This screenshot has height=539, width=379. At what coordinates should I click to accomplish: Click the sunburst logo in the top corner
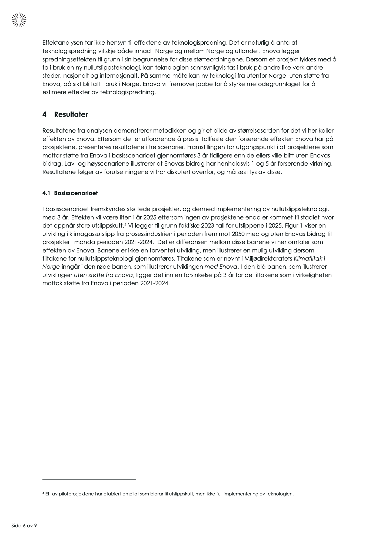pos(19,20)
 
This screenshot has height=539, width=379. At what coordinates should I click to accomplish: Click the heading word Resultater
pos(71,114)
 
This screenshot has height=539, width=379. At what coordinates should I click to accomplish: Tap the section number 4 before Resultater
pos(44,114)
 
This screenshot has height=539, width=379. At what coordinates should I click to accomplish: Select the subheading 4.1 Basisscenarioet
pos(70,193)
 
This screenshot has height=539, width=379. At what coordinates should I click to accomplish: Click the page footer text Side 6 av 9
pos(24,525)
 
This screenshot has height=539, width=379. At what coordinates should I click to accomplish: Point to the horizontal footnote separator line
pos(89,480)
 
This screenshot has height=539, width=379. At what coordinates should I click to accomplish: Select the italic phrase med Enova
pos(221,267)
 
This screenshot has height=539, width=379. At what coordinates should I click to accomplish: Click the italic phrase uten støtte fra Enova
pos(104,275)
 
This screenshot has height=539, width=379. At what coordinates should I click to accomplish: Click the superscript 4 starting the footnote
pos(43,493)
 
